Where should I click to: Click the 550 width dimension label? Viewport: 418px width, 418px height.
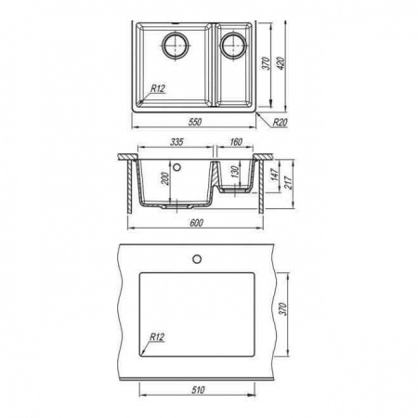click(195, 122)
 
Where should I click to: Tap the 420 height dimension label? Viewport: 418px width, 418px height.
click(282, 63)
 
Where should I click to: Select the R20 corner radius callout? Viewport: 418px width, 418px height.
click(280, 123)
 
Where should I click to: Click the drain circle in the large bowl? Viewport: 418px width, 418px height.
click(176, 46)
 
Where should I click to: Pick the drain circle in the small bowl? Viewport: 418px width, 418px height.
click(234, 46)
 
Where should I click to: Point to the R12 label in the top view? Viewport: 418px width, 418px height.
click(158, 88)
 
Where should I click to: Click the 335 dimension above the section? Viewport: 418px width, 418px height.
click(176, 142)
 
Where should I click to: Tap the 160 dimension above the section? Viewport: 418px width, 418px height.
click(236, 142)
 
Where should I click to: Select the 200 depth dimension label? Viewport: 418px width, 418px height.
click(165, 178)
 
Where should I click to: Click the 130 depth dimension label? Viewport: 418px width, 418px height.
click(235, 172)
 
